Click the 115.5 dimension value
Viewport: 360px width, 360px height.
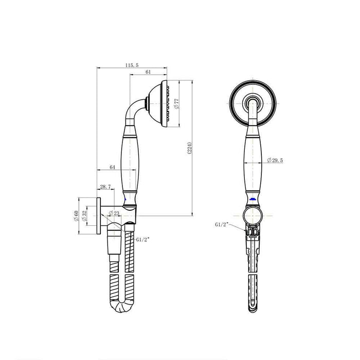pos(132,65)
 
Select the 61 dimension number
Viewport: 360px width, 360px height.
pos(148,73)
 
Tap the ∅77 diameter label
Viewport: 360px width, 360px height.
pos(176,104)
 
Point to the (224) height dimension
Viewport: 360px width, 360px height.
pos(189,149)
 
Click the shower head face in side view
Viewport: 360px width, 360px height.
pos(166,103)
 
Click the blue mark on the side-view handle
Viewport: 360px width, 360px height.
pos(125,197)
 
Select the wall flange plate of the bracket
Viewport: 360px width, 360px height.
pos(98,216)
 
